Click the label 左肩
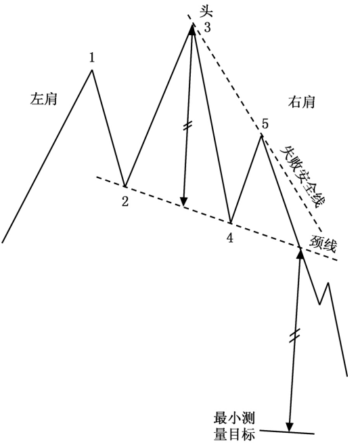click(44, 100)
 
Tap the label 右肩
click(302, 102)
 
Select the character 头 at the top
click(206, 12)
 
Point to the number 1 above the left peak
click(91, 58)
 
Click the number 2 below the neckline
click(125, 201)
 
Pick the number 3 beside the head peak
click(208, 28)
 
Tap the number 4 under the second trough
click(230, 238)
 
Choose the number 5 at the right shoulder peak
click(265, 124)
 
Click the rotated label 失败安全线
click(302, 177)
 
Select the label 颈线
click(323, 244)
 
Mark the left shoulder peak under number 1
click(92, 70)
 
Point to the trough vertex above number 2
click(125, 186)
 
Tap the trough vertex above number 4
click(231, 223)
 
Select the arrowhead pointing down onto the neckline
click(183, 201)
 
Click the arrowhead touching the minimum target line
click(290, 427)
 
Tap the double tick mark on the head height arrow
click(187, 126)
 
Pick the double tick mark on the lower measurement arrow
click(294, 335)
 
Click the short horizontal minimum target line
click(287, 432)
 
